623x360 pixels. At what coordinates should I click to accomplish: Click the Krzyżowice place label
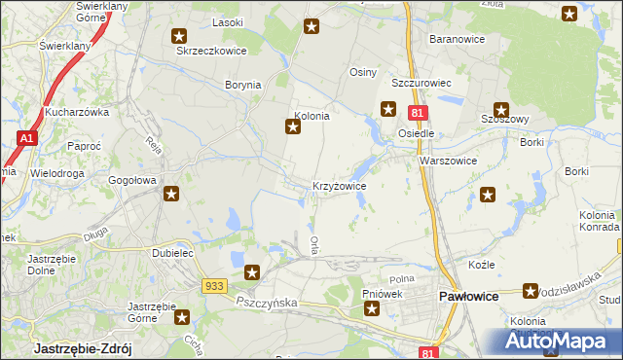[339, 185]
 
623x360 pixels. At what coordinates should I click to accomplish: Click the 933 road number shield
[215, 286]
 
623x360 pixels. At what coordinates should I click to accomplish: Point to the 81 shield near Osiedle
[416, 114]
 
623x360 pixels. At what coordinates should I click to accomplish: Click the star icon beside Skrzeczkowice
[180, 37]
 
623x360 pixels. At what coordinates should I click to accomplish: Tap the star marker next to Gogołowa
[170, 194]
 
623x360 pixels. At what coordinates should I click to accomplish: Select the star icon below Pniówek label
[372, 310]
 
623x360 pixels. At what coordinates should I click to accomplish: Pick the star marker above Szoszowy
[500, 111]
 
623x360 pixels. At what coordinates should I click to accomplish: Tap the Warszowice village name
[448, 161]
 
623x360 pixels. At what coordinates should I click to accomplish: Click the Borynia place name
[243, 86]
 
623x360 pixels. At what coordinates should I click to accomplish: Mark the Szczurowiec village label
[424, 84]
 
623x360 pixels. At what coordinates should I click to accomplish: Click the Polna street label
[402, 279]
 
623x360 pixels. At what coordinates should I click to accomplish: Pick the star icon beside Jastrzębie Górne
[182, 315]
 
